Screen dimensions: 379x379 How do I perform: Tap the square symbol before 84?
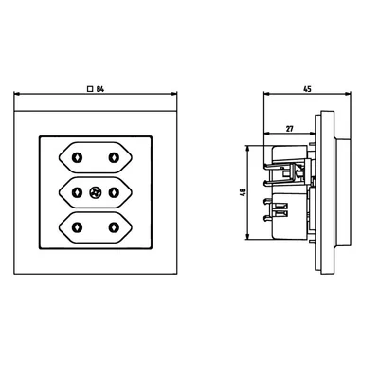(x=88, y=87)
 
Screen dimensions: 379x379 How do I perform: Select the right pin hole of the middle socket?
(x=114, y=193)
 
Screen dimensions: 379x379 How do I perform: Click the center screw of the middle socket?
(x=95, y=193)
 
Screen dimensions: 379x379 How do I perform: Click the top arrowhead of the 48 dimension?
(x=248, y=147)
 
